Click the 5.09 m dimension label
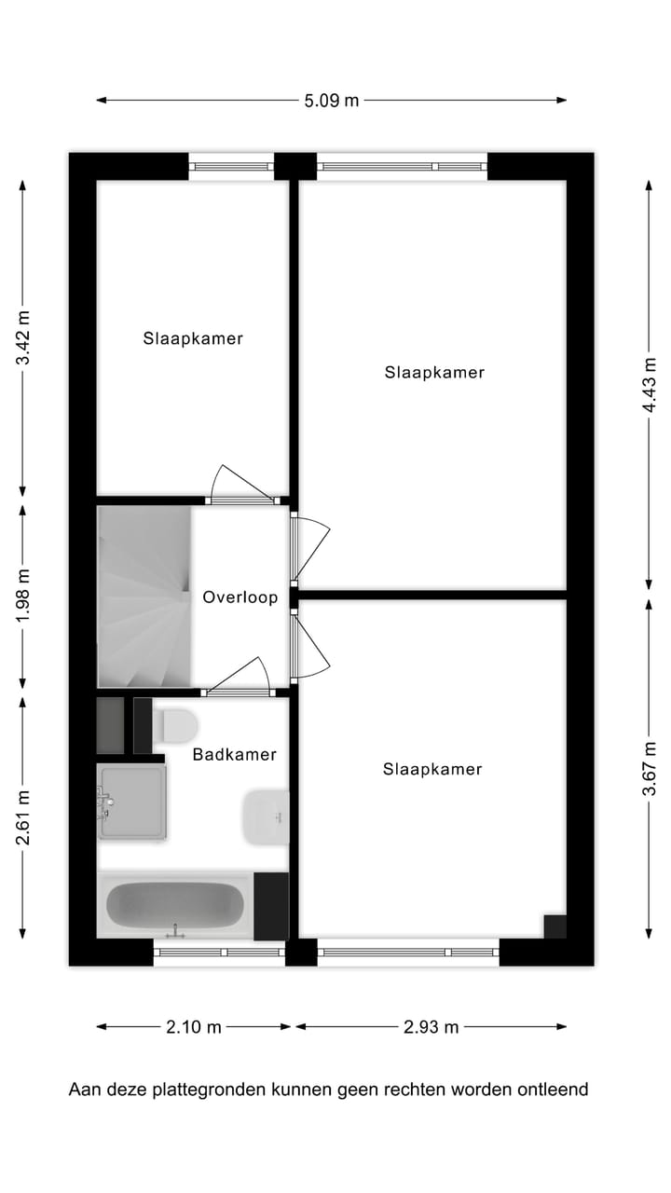click(331, 101)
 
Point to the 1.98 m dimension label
click(23, 596)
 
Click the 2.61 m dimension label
click(23, 817)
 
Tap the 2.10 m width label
click(194, 1027)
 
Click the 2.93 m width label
click(431, 1027)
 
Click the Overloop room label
click(240, 597)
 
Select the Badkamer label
click(234, 754)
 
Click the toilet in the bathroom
click(177, 724)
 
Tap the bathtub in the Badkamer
click(175, 904)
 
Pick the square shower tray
click(132, 802)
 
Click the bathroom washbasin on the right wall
click(266, 817)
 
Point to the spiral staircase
click(144, 596)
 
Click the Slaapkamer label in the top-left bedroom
click(193, 338)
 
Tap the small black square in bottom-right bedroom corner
click(555, 926)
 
